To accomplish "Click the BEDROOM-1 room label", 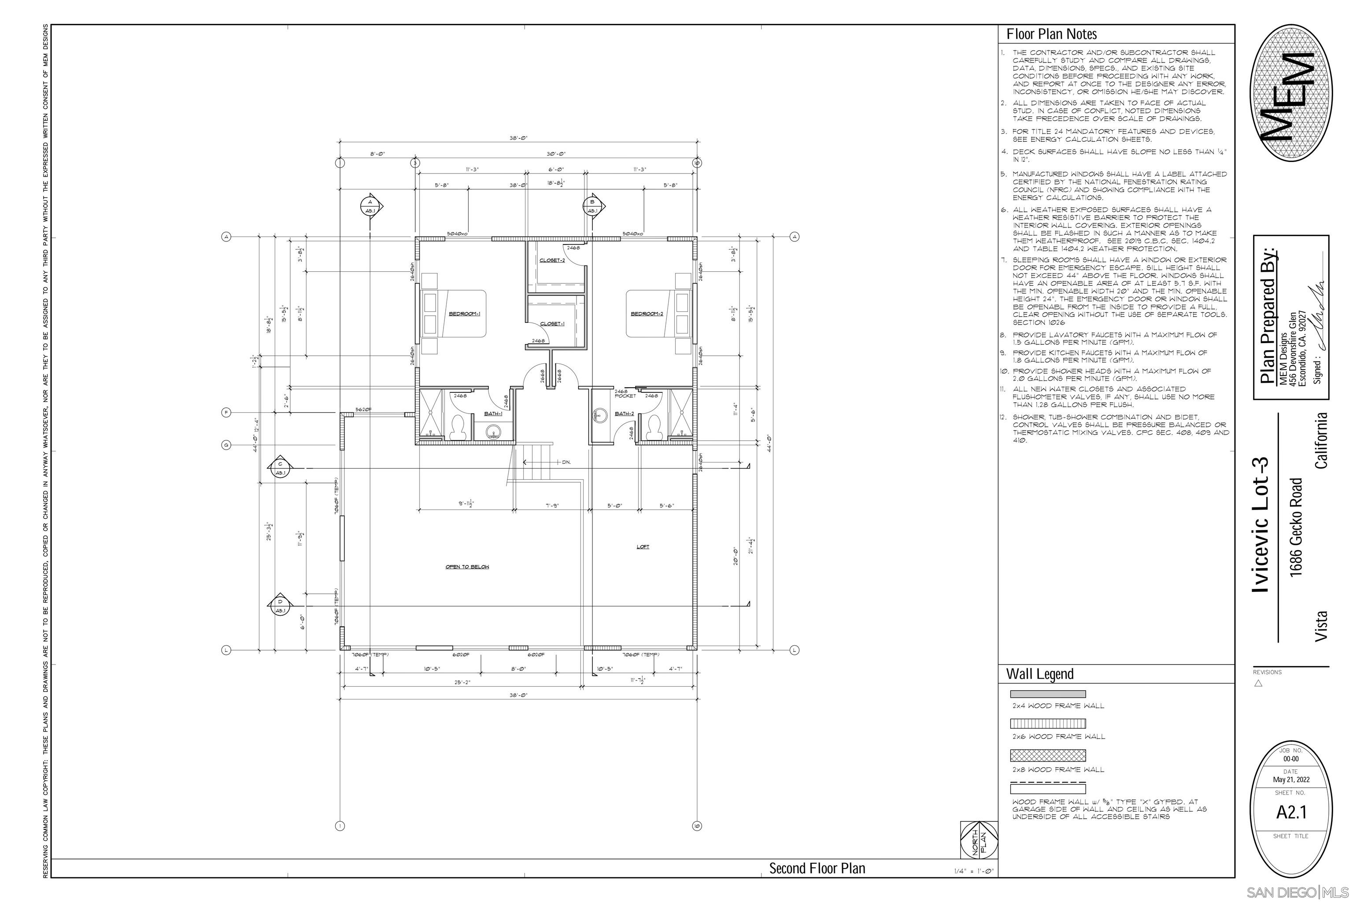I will (464, 314).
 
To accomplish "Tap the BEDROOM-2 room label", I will (647, 314).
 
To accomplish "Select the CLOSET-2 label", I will (552, 260).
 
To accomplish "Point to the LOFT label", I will (643, 547).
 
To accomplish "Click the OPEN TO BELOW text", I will (467, 567).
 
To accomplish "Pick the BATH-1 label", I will (493, 413).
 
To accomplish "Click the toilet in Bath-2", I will (654, 426).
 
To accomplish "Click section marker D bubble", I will (280, 605).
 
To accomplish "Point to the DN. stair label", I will (566, 462).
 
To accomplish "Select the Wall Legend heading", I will (1039, 673).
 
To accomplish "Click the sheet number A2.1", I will (1291, 812).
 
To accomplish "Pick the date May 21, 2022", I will (1291, 780).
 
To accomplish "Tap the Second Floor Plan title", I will (817, 868).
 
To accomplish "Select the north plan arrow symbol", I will (979, 840).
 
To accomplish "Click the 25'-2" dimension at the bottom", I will (462, 682).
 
